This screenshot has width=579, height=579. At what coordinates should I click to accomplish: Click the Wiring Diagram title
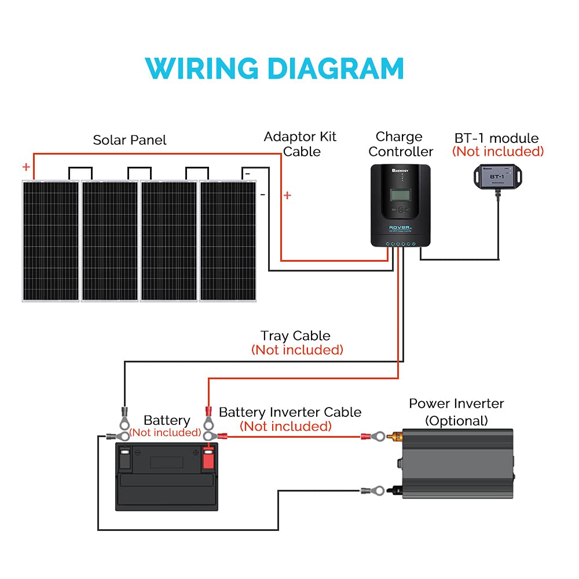(x=274, y=69)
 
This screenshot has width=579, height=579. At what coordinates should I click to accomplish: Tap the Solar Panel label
(x=130, y=140)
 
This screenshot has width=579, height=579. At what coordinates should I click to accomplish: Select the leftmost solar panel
(x=50, y=240)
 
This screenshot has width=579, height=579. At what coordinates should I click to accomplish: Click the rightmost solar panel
(x=228, y=240)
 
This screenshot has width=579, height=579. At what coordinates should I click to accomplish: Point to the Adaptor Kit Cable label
(x=300, y=144)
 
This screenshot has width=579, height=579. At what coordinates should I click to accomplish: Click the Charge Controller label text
(x=400, y=144)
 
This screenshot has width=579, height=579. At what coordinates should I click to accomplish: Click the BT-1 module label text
(x=497, y=138)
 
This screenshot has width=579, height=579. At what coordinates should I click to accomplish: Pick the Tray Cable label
(x=295, y=336)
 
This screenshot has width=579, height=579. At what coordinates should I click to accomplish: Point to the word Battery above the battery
(x=167, y=420)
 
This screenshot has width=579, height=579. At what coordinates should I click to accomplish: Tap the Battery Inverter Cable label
(x=290, y=412)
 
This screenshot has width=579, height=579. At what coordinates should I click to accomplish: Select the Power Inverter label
(x=456, y=404)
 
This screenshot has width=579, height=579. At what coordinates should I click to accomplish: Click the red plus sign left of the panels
(x=26, y=167)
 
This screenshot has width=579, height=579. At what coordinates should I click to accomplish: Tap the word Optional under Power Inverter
(x=456, y=420)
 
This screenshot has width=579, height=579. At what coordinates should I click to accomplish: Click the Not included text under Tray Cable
(x=297, y=350)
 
